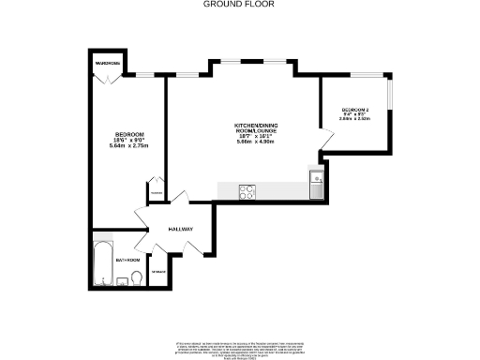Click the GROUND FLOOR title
click(x=239, y=4)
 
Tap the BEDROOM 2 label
click(x=355, y=111)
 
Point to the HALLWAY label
click(x=181, y=230)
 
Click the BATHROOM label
click(x=127, y=260)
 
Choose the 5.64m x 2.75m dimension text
click(x=128, y=146)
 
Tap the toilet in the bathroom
click(x=137, y=277)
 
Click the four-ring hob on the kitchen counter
click(x=248, y=191)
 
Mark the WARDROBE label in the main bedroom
click(x=103, y=63)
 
